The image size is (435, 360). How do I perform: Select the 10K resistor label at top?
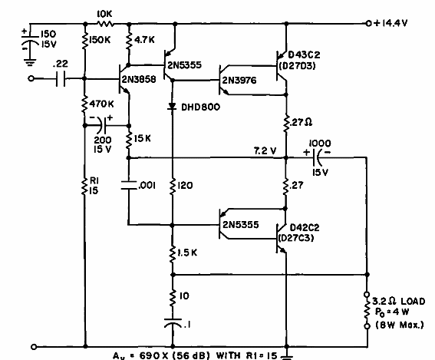coord(106,13)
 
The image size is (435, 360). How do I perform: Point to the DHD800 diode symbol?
coord(172,105)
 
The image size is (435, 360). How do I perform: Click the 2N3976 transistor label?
coord(240,81)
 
